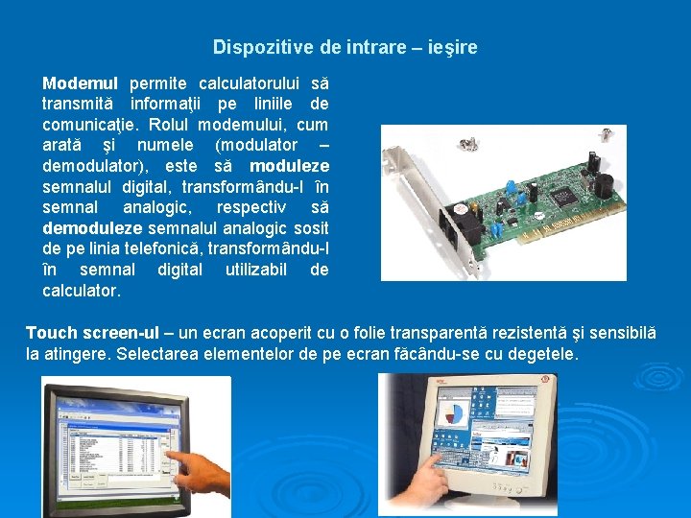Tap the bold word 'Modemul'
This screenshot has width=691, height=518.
[80, 82]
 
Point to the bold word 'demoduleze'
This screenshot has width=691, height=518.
[92, 228]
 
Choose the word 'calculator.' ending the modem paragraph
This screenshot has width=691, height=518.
[82, 291]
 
